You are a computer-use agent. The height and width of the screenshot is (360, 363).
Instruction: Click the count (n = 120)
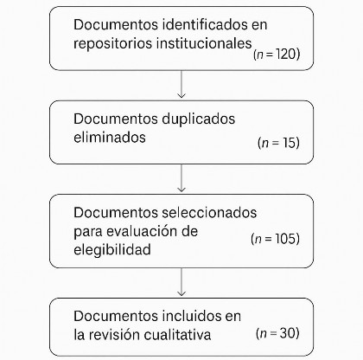(277, 54)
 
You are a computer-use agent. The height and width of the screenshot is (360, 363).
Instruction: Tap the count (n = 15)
(278, 143)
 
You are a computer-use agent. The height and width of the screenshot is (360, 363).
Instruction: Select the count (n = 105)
(275, 239)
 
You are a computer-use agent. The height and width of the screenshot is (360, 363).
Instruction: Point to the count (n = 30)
(277, 333)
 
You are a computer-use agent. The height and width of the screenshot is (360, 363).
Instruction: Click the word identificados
(205, 24)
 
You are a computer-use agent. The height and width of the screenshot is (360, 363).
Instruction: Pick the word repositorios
(112, 44)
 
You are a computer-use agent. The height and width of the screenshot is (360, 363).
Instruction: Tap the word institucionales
(204, 43)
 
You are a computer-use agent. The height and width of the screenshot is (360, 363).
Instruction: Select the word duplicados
(199, 119)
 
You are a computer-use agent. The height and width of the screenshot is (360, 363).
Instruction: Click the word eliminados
(110, 137)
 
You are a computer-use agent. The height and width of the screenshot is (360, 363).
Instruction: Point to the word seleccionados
(209, 213)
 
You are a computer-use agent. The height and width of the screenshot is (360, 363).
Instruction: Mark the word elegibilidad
(112, 250)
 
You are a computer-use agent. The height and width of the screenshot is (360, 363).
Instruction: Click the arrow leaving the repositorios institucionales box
(181, 84)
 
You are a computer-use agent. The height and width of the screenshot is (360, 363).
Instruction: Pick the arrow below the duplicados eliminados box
(181, 178)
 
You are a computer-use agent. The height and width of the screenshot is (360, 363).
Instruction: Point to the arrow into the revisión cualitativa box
(181, 282)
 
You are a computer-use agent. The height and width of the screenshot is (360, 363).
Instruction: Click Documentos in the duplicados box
(115, 119)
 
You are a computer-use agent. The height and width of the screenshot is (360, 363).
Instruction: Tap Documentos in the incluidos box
(115, 316)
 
